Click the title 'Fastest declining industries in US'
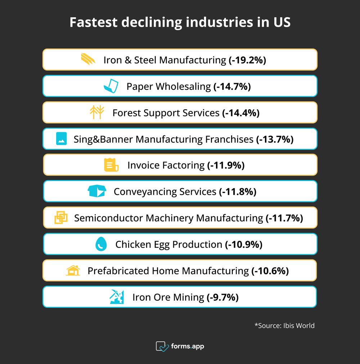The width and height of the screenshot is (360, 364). [x=180, y=22]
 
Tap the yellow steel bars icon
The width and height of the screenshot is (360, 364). [x=88, y=59]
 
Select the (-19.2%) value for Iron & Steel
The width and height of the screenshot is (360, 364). [x=247, y=60]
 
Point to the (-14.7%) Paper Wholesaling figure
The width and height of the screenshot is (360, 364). [x=232, y=86]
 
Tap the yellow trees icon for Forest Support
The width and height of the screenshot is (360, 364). [x=97, y=112]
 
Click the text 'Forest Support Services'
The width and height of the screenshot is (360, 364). [x=166, y=113]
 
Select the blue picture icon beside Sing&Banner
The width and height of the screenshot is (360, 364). [x=62, y=139]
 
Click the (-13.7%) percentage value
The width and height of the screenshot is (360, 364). [x=275, y=139]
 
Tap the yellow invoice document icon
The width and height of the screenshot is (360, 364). [x=111, y=165]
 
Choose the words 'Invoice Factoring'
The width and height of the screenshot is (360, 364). [x=166, y=165]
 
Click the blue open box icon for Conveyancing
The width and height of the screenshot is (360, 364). [x=97, y=191]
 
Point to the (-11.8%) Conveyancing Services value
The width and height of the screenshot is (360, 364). [x=238, y=192]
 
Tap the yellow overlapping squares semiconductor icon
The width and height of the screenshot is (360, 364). [x=61, y=218]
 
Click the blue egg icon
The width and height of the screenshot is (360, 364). [x=101, y=244]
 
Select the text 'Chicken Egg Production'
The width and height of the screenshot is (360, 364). [x=168, y=244]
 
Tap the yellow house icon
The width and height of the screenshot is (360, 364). [x=73, y=270]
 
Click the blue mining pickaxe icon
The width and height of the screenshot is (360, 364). [x=117, y=297]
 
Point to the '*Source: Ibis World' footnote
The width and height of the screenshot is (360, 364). [x=284, y=325]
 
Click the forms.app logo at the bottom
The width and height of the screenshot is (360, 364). [x=180, y=346]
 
